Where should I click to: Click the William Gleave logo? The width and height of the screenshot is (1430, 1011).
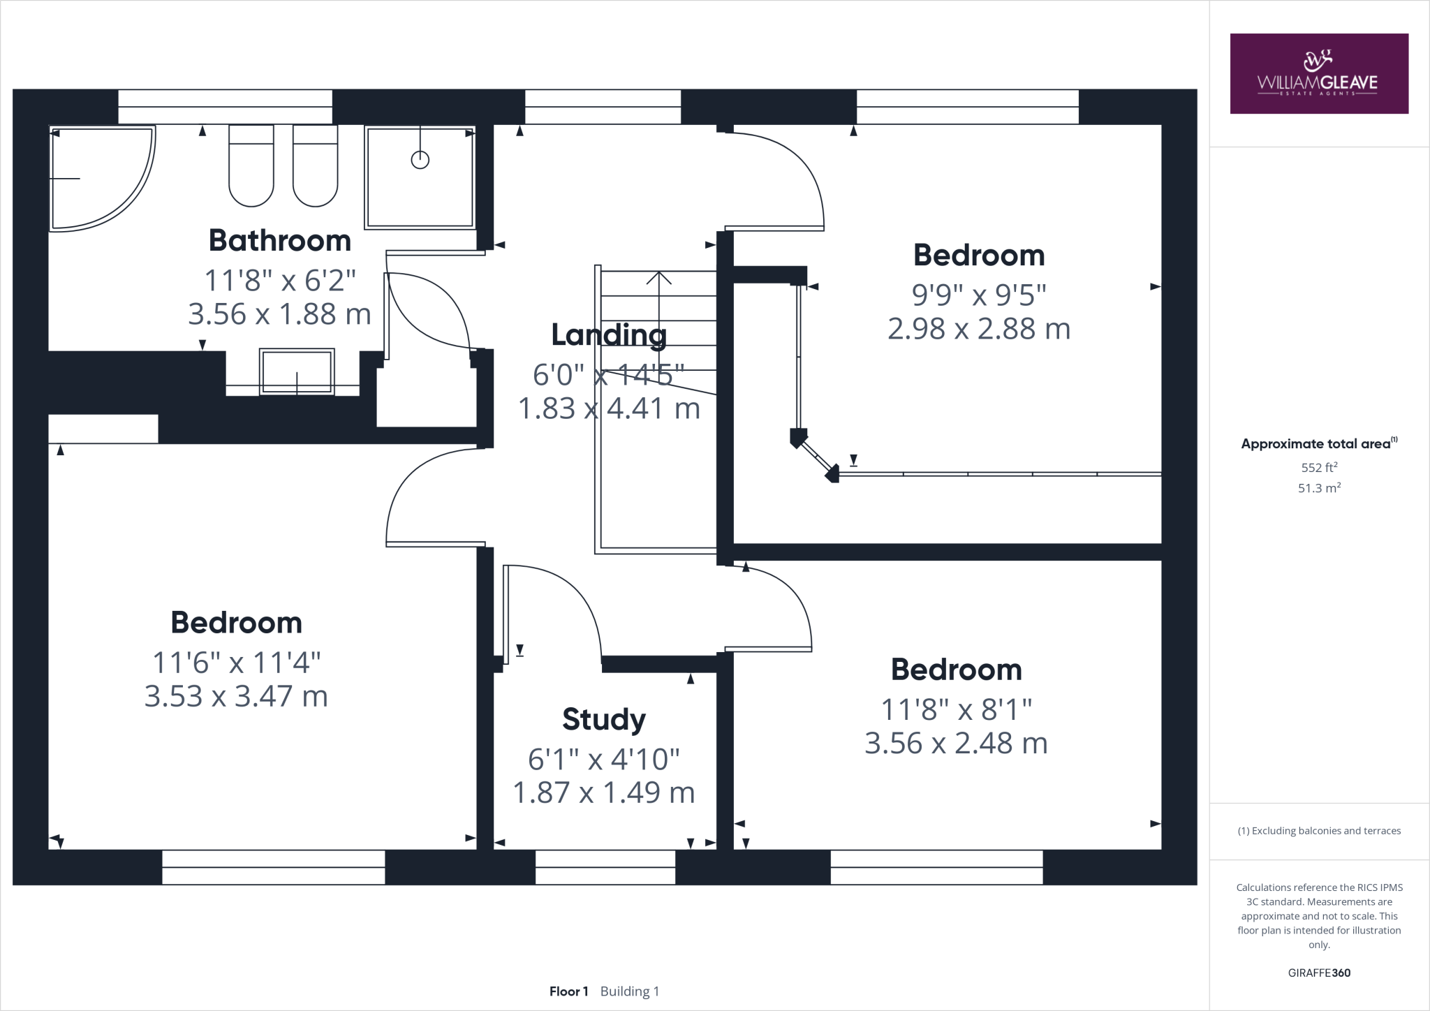coord(1318,73)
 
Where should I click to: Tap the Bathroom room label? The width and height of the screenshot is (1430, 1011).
coord(279,241)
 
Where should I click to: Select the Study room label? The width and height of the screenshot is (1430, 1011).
coord(603,719)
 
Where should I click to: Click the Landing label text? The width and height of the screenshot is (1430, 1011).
coord(609,335)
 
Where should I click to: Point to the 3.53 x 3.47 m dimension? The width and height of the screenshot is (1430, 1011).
coord(236,696)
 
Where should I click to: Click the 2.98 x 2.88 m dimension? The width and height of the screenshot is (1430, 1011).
coord(978,329)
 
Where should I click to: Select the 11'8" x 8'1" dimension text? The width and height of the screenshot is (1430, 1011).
coord(956,710)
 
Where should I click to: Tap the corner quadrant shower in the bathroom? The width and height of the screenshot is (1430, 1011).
coord(98,178)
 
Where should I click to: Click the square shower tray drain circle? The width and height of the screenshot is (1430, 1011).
coord(420,160)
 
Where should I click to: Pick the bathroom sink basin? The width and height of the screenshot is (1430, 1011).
coord(296,372)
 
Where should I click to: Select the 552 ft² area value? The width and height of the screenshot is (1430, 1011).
coord(1318,468)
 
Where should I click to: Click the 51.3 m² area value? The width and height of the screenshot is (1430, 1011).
coord(1318,488)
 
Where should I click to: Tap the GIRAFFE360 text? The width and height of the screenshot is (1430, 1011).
coord(1318,973)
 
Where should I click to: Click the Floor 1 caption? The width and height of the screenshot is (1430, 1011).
coord(568,991)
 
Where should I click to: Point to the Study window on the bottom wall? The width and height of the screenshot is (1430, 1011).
coord(605,867)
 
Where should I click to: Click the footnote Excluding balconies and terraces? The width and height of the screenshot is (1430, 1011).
coord(1318,831)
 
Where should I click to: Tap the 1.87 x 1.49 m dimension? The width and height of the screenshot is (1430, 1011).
coord(603,793)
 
